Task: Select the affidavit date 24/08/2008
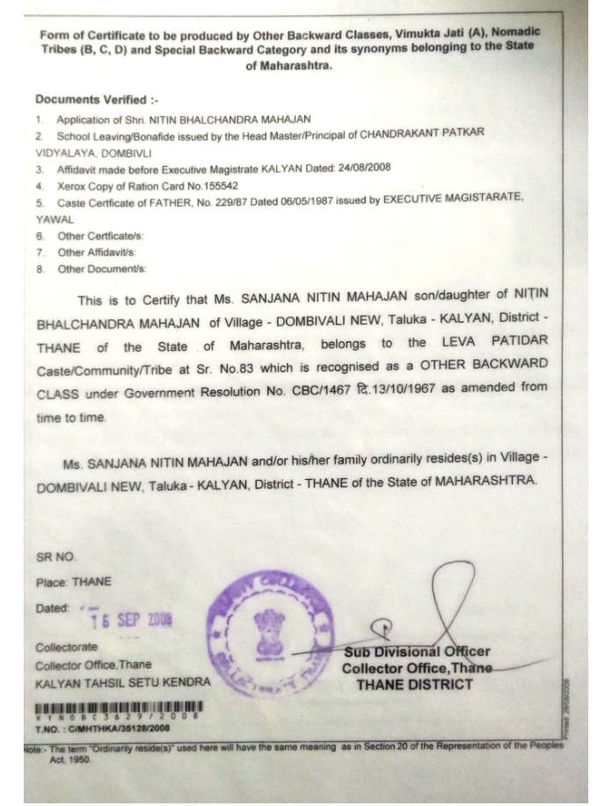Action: (x=360, y=167)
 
